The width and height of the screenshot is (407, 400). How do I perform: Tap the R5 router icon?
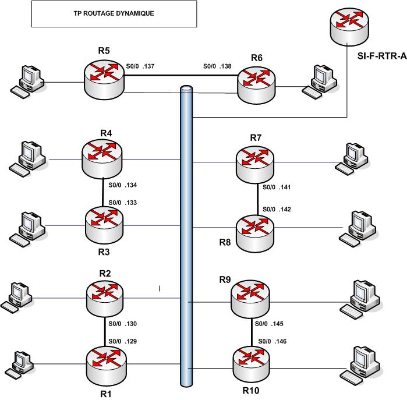104,79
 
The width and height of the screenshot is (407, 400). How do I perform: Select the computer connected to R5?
26,81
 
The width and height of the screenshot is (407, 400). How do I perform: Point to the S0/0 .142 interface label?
277,209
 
